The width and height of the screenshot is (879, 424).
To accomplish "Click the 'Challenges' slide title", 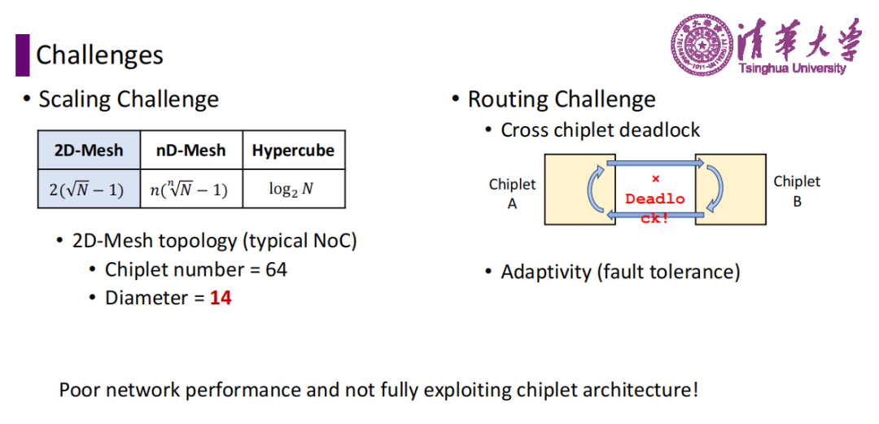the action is (100, 55).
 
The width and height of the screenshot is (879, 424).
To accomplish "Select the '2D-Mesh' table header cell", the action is (90, 150).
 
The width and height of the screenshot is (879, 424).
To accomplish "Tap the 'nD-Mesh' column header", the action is (191, 150).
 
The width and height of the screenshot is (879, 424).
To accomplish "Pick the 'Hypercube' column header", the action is (294, 150).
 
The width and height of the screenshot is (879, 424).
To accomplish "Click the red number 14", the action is (221, 298).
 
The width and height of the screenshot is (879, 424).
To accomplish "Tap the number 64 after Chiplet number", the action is (277, 269).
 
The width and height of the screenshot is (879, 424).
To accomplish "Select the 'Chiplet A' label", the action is (513, 194).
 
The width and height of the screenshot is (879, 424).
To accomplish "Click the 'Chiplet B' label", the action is (797, 191).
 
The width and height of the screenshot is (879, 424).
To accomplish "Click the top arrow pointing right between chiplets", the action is (655, 163).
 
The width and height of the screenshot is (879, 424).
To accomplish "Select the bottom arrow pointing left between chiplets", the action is (655, 215).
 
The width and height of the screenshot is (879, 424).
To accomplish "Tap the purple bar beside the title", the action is (23, 55).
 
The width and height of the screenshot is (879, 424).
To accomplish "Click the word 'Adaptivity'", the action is (546, 273).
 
